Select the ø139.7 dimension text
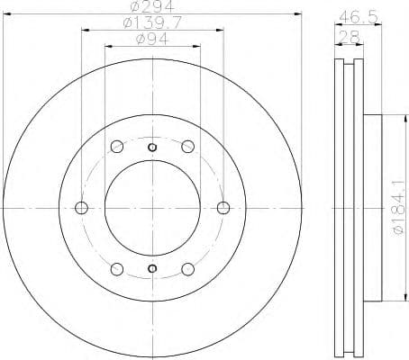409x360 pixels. pyautogui.click(x=151, y=23)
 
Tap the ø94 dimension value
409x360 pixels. pyautogui.click(x=151, y=40)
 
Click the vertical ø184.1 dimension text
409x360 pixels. pyautogui.click(x=394, y=207)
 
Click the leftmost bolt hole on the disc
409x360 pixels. pyautogui.click(x=82, y=208)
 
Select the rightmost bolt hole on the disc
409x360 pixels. pyautogui.click(x=223, y=208)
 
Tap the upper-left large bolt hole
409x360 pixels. pyautogui.click(x=117, y=147)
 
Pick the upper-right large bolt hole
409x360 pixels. pyautogui.click(x=187, y=147)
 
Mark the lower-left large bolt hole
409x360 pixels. pyautogui.click(x=117, y=268)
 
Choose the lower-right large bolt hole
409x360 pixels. pyautogui.click(x=187, y=268)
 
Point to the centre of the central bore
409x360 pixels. pyautogui.click(x=152, y=208)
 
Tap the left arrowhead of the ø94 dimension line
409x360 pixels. pyautogui.click(x=107, y=47)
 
